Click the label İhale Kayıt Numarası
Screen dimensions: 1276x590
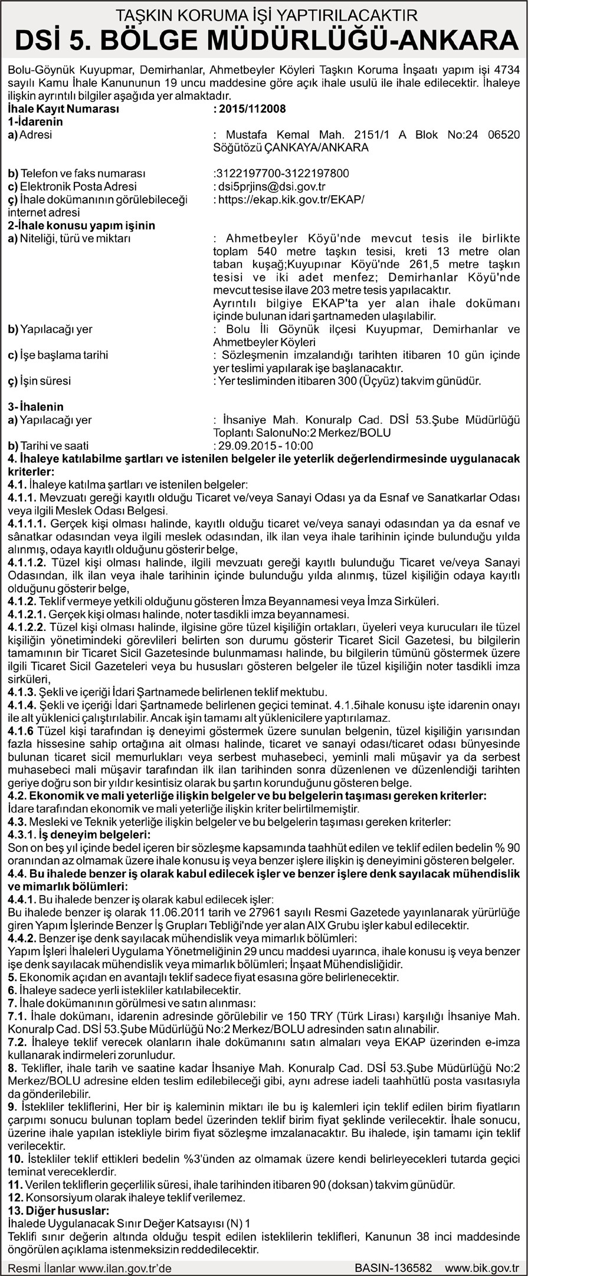pos(64,109)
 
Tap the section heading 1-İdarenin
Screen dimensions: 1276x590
pos(35,122)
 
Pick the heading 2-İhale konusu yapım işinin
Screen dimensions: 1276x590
pos(81,225)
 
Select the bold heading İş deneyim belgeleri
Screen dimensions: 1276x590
pos(79,835)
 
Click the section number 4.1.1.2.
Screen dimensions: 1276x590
pos(27,563)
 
